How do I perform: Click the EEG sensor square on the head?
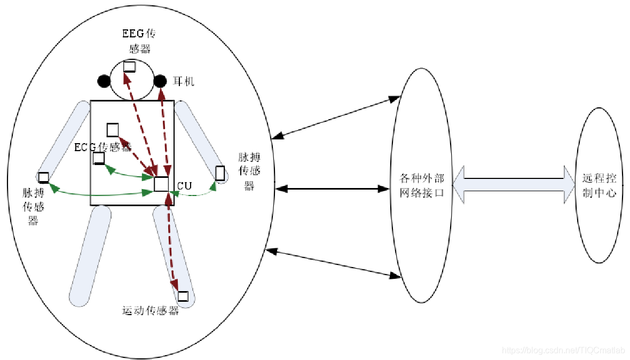[129, 67]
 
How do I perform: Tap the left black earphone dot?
[104, 81]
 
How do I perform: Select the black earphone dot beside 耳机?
[160, 81]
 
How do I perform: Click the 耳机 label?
[184, 82]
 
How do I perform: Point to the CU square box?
[161, 184]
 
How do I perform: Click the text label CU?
[184, 186]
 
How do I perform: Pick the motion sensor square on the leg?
[183, 296]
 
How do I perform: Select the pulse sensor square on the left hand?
[44, 177]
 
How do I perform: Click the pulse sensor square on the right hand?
[219, 173]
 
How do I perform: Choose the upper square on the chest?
[112, 130]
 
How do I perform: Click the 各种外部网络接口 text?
[422, 185]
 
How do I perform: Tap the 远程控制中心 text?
[599, 185]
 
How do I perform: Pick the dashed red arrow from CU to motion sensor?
[173, 240]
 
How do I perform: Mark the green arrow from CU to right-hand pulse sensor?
[195, 194]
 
